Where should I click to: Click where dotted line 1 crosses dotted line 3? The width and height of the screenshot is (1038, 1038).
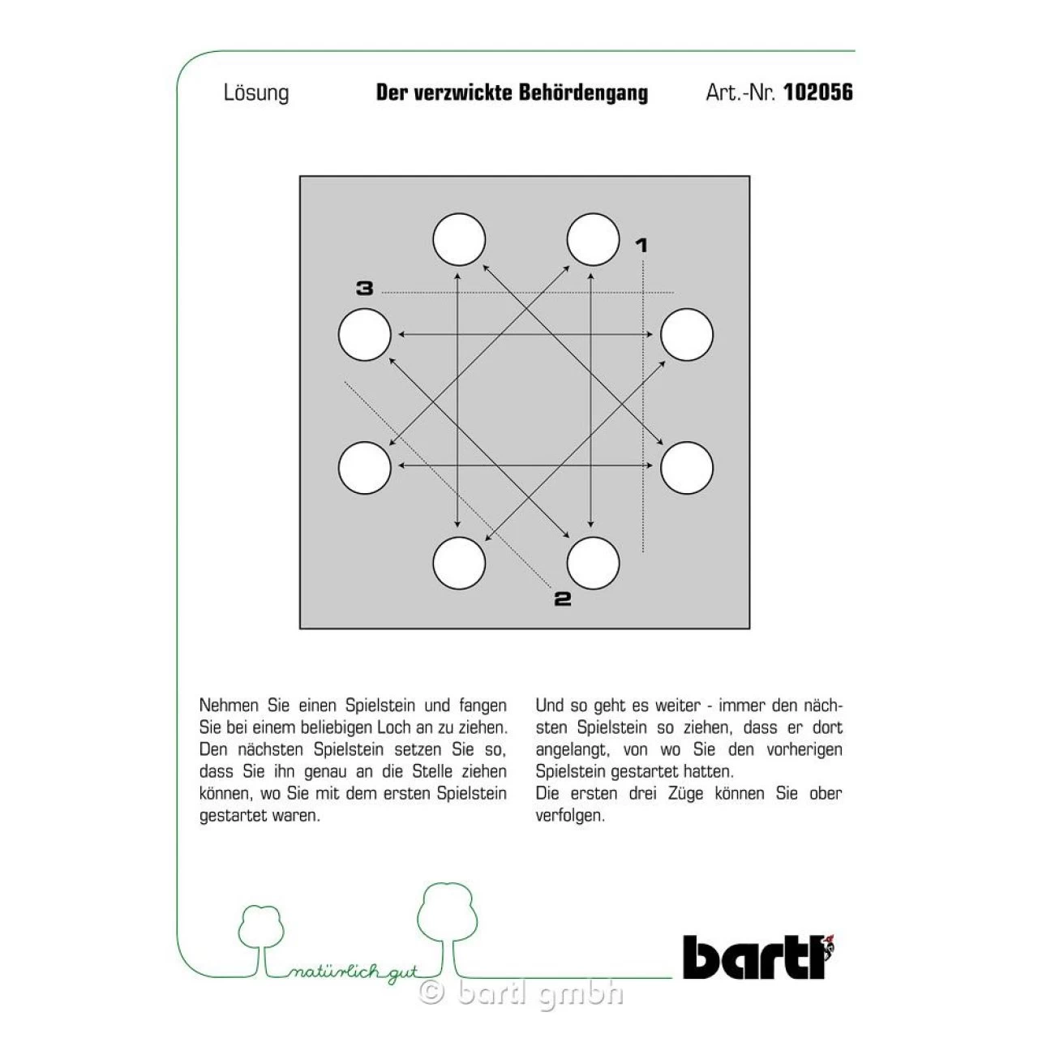[x=642, y=293]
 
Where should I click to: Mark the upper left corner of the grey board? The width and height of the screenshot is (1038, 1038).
[x=300, y=176]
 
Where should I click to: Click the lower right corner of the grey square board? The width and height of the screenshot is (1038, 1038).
[x=749, y=628]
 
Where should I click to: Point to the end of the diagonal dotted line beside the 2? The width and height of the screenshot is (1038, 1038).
[x=551, y=586]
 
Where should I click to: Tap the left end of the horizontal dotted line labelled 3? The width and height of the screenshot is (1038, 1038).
[x=383, y=293]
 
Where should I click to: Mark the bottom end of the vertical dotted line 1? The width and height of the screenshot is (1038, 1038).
[x=642, y=552]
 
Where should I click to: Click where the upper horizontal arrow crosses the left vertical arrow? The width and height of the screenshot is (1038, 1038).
[x=457, y=334]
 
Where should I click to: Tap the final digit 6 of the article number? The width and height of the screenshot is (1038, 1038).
[x=847, y=92]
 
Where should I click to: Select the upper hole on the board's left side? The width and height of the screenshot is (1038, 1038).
[x=365, y=334]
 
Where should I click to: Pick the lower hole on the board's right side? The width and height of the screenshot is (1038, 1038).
[x=687, y=468]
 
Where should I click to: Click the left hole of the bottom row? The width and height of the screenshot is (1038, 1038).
[x=459, y=563]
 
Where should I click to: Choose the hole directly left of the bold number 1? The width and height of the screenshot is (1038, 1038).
[x=593, y=239]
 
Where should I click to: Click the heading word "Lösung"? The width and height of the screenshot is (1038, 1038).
[x=256, y=92]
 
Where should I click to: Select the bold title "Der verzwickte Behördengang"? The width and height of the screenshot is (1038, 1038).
[x=512, y=92]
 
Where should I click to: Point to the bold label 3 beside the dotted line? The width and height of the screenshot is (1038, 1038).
[x=365, y=289]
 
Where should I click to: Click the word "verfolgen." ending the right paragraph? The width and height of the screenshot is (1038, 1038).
[x=570, y=816]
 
